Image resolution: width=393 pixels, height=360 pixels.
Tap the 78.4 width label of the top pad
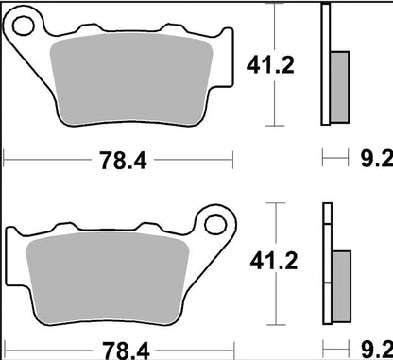click(x=124, y=161)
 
